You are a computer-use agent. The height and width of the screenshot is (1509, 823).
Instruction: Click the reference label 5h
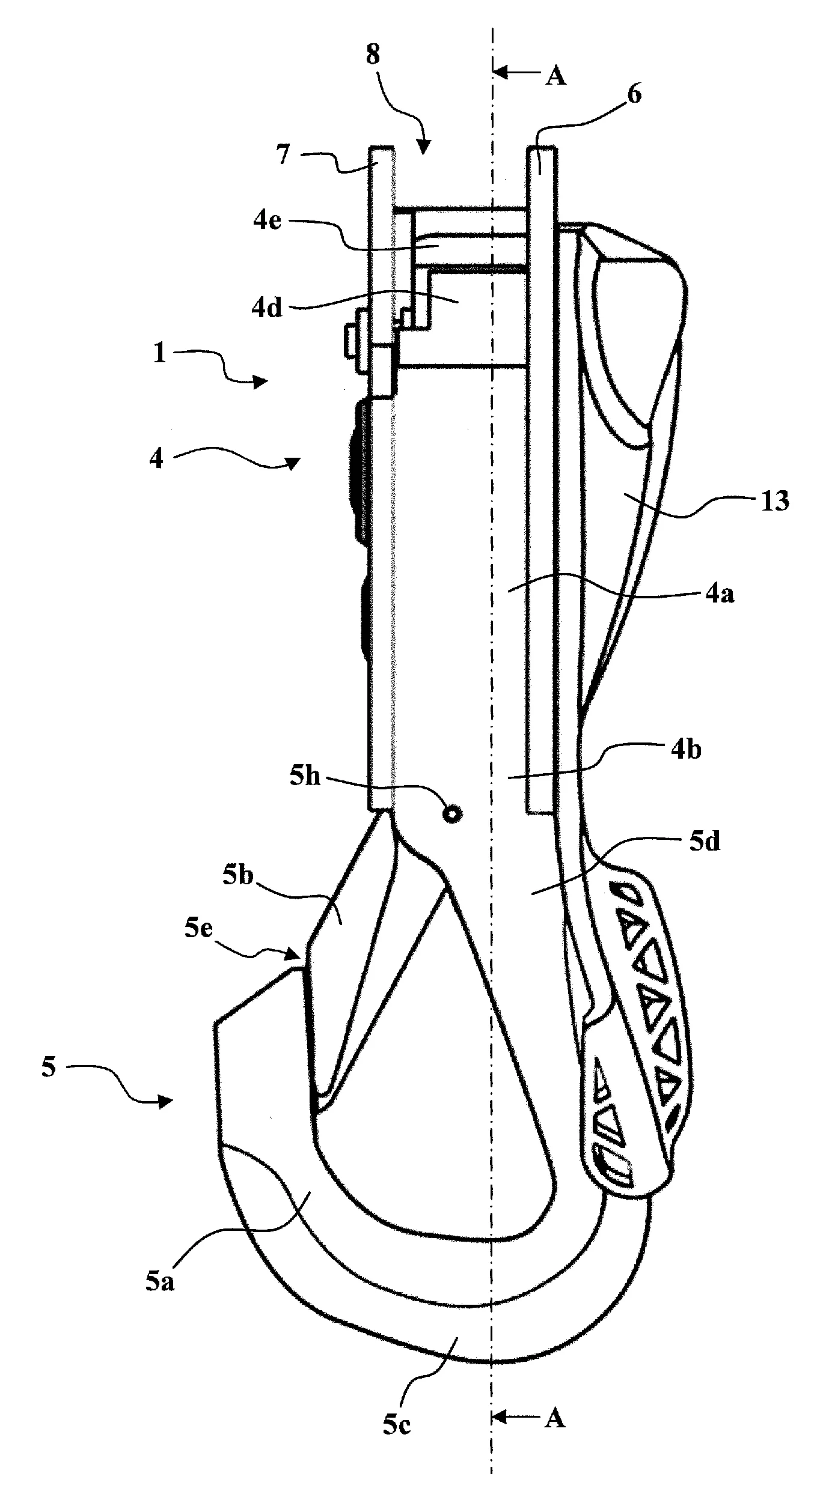[x=305, y=777]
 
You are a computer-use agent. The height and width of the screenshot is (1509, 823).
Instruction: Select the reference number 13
[x=774, y=500]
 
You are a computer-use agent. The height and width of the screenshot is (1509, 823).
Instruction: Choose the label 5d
[x=704, y=842]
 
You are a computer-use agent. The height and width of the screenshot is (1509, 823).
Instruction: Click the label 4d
[x=267, y=309]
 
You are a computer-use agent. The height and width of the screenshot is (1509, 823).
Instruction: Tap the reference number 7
[x=282, y=154]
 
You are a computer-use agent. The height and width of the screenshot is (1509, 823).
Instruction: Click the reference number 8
[x=373, y=55]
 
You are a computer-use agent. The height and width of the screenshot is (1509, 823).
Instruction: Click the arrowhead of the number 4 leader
[x=293, y=463]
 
